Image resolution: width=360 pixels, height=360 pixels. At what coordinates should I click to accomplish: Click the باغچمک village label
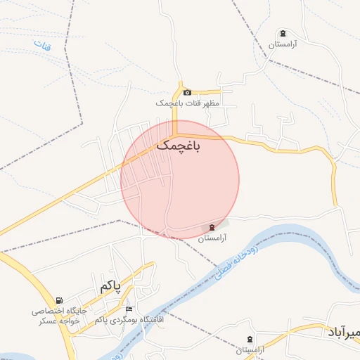(177, 146)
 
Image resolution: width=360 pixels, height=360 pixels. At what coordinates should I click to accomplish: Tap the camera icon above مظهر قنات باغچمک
(187, 93)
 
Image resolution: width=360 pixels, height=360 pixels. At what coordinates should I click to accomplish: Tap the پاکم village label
(110, 285)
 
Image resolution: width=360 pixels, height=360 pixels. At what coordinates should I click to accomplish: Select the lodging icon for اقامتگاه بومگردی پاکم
(128, 309)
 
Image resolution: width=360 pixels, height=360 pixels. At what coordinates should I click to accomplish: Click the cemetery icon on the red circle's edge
(212, 227)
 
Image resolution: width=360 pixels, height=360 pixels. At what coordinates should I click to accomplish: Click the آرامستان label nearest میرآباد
(250, 350)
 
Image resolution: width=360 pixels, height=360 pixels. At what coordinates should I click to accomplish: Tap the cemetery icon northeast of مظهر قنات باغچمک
(283, 34)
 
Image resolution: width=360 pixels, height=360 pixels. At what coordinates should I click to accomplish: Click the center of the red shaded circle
(180, 179)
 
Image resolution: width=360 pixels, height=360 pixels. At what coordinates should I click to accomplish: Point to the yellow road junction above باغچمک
(176, 134)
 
